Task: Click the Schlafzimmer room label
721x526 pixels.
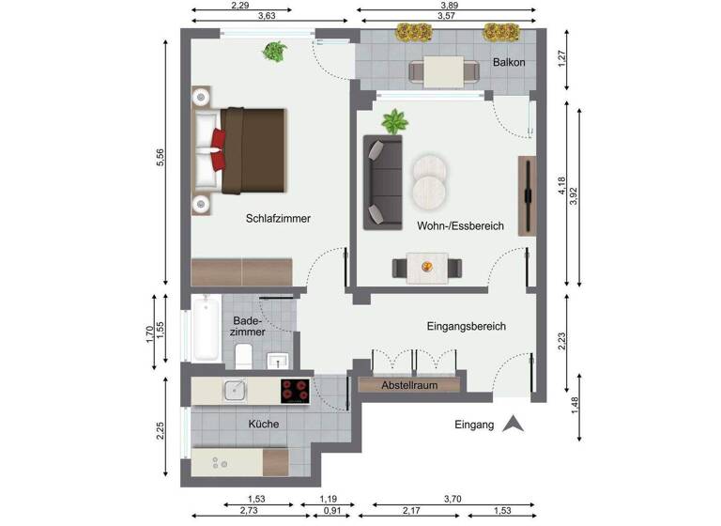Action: pos(278,218)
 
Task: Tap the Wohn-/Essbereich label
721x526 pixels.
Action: pos(460,226)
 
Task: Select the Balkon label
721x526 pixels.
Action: pos(508,63)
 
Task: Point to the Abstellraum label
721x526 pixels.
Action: pos(410,385)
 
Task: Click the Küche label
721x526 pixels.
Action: pos(263,424)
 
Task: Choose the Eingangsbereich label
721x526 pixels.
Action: pos(467,326)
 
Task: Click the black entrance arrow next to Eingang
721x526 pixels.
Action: pos(513,424)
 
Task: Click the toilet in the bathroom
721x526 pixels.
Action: pos(243,355)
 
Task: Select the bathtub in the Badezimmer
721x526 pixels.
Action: pos(205,329)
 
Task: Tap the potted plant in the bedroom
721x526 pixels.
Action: pos(275,51)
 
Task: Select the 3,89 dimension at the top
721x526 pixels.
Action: pos(449,6)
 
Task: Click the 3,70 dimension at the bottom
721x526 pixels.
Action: pos(446,499)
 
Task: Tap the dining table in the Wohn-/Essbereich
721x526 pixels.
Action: pos(428,267)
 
